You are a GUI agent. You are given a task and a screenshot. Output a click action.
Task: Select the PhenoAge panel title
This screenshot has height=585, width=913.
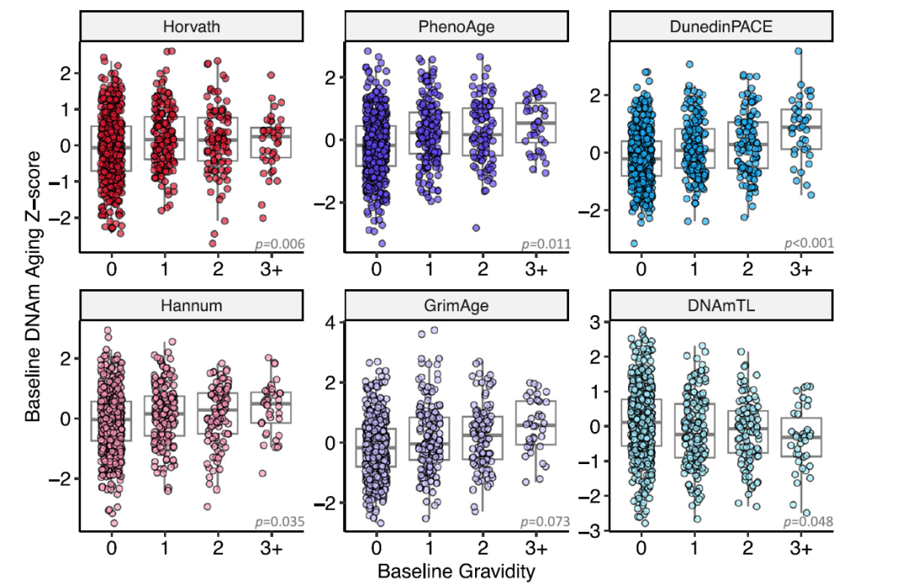pos(456,26)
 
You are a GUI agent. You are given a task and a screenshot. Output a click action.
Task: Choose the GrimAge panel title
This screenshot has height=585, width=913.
pos(456,305)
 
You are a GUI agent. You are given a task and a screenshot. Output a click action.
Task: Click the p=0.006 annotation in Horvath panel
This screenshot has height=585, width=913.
pos(280,244)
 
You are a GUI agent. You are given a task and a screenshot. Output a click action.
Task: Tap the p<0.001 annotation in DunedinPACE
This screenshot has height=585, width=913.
pos(809,244)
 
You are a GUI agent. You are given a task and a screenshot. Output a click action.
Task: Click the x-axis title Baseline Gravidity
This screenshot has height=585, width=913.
pos(456,571)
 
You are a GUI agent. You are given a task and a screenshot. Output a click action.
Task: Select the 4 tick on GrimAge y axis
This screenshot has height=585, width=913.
pos(331,322)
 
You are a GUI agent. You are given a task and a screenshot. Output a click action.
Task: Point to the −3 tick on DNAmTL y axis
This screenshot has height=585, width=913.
pos(594,530)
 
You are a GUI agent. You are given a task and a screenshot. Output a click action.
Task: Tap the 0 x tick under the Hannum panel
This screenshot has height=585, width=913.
pos(112,549)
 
